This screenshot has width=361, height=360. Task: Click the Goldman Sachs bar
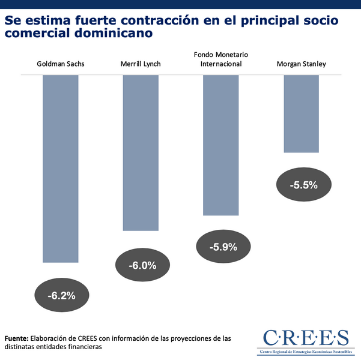click(61, 169)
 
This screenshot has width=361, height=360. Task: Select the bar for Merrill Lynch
click(141, 152)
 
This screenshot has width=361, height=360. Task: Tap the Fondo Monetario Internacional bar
click(221, 145)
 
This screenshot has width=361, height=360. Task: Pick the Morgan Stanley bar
click(301, 113)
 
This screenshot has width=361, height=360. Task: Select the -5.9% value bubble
click(223, 247)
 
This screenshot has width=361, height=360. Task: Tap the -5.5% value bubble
click(303, 185)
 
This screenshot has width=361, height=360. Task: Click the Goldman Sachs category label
click(61, 64)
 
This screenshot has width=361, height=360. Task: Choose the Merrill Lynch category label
click(141, 64)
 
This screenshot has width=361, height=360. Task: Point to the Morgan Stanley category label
click(301, 64)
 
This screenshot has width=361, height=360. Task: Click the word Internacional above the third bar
click(221, 64)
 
